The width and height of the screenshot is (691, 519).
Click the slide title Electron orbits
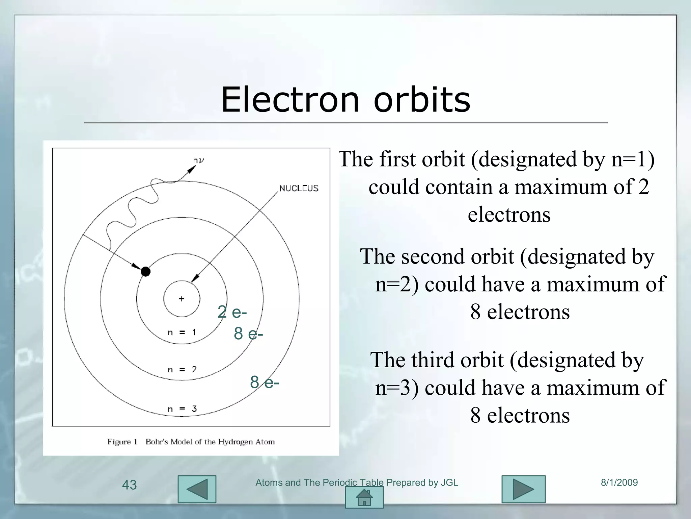coord(345,100)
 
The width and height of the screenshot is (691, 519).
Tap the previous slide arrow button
coord(197,489)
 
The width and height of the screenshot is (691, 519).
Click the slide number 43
coord(129,485)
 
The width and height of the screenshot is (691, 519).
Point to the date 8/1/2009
coord(619,483)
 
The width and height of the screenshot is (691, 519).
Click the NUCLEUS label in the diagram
coord(299,188)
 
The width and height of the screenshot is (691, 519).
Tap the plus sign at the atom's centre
coord(182,299)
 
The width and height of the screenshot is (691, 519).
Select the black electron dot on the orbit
coord(145,271)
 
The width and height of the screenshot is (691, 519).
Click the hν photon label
coord(198,160)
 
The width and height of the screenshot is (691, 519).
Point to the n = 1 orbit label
coord(182,332)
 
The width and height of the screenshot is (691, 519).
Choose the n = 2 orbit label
coord(182,370)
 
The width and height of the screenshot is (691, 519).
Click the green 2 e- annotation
coord(232,312)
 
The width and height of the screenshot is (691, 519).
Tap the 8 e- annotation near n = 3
coord(265,382)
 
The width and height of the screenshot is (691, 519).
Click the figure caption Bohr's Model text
coord(210,442)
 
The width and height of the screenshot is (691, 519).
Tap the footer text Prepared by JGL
coord(422,483)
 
